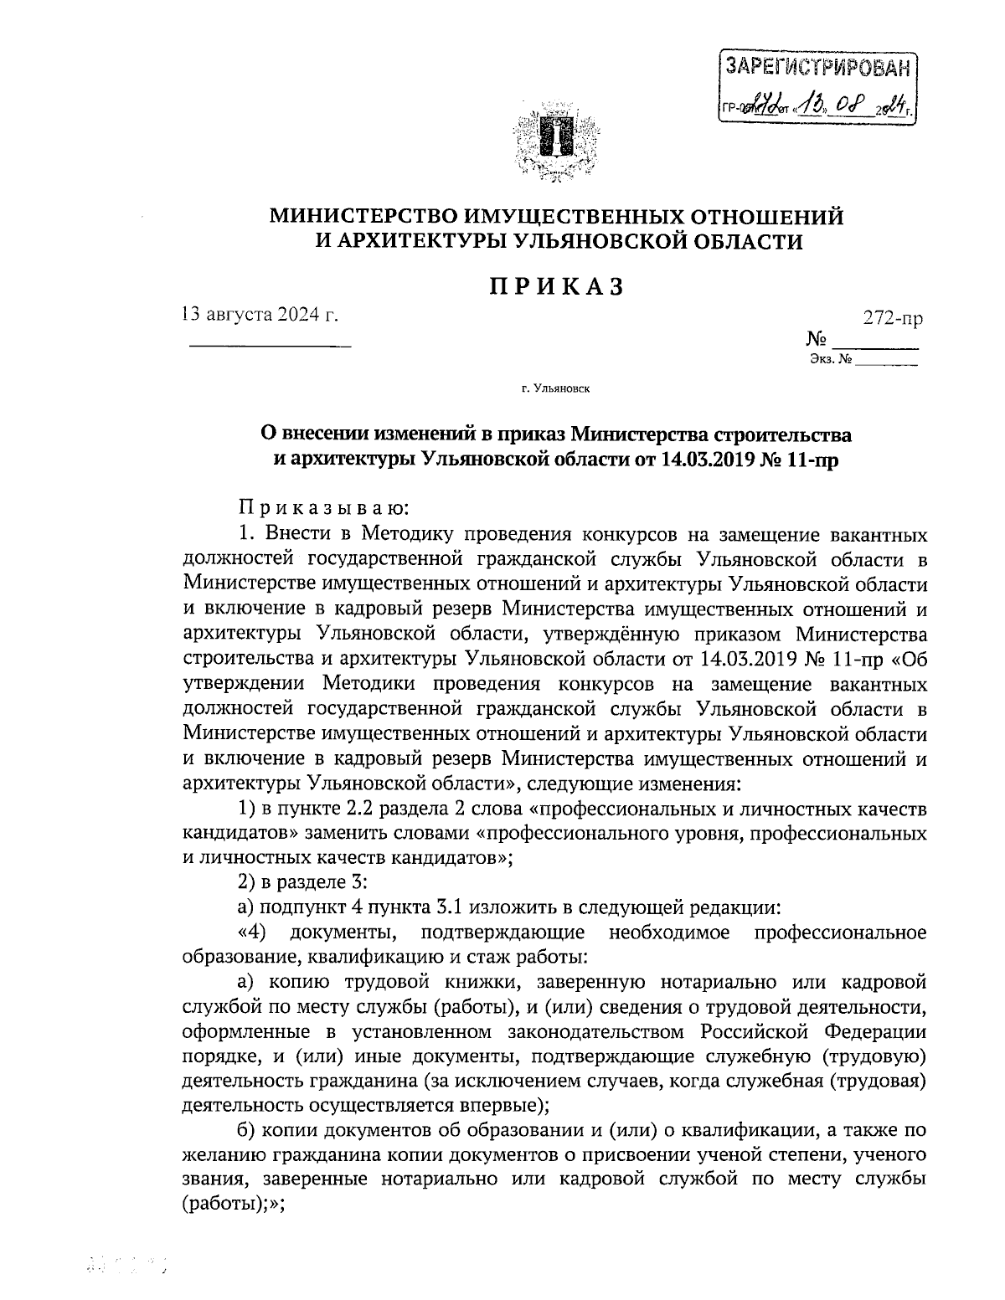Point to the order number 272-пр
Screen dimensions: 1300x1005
[x=894, y=319]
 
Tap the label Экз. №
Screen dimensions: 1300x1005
[x=831, y=361]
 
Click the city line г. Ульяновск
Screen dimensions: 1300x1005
[x=554, y=388]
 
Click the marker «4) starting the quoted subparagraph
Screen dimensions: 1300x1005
[x=252, y=932]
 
